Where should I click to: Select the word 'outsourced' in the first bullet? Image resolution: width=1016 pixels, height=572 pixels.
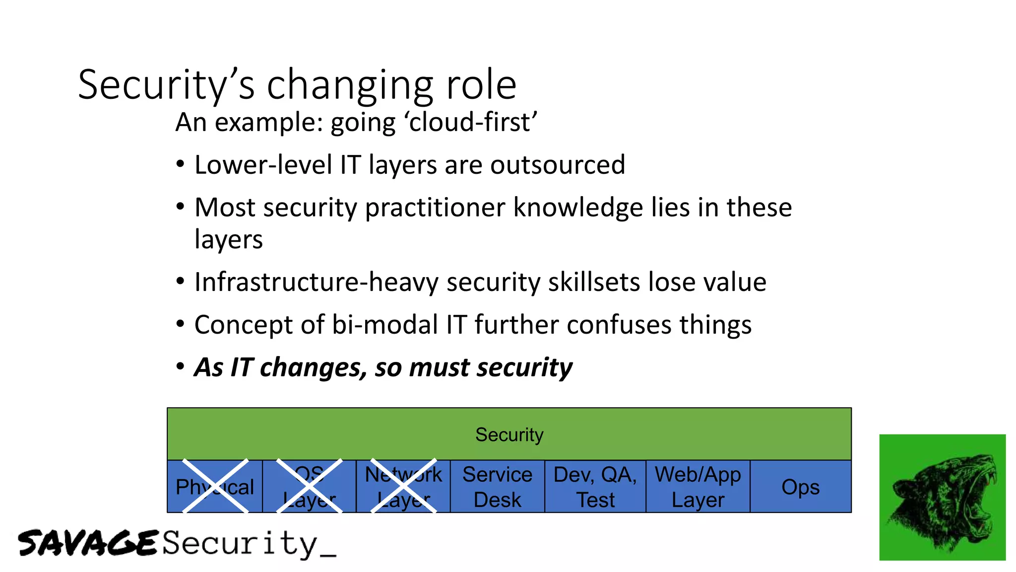558,165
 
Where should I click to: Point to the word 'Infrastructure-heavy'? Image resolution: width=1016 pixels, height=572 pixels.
316,282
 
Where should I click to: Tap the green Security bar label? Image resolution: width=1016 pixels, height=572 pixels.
509,435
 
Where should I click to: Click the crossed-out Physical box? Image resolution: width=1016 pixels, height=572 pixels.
215,487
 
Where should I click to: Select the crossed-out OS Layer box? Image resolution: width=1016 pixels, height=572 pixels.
309,487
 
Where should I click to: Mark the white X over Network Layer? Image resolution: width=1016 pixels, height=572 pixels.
403,487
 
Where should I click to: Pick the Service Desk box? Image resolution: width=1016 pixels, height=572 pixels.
497,487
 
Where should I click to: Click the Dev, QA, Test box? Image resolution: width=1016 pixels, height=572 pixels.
595,487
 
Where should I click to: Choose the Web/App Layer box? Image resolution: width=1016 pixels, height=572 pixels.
698,487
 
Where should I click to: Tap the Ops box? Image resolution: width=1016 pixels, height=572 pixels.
800,487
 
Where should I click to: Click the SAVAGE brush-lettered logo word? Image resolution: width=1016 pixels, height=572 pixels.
88,543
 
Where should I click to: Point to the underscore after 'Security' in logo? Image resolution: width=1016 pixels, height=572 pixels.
328,555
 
